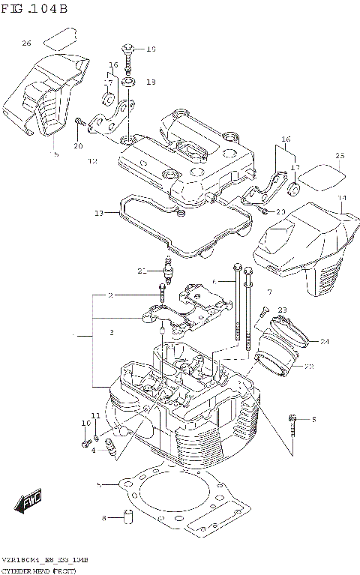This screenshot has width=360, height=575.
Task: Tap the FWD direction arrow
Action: click(x=30, y=501)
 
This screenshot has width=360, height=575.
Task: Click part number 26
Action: click(x=26, y=43)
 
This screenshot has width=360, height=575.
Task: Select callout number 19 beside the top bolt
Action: click(x=150, y=49)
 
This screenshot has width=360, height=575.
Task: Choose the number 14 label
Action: click(x=342, y=199)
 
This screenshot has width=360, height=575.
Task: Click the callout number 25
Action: click(x=339, y=156)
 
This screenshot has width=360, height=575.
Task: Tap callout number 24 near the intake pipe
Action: click(x=324, y=343)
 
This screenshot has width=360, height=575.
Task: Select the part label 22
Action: click(x=308, y=366)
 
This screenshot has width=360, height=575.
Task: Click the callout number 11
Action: click(x=95, y=416)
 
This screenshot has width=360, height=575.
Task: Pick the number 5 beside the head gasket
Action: click(x=98, y=485)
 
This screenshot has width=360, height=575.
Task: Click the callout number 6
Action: click(x=214, y=281)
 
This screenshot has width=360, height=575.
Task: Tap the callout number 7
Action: click(x=268, y=291)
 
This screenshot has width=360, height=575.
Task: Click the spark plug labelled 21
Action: click(x=169, y=271)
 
